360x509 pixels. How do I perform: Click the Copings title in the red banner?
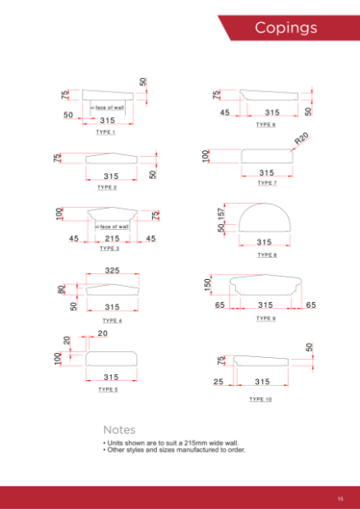coord(286,28)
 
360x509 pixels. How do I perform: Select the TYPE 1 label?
coord(106,133)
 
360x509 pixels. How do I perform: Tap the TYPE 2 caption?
coord(106,187)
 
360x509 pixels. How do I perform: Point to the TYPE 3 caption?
coord(109,249)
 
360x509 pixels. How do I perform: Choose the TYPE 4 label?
coord(111,321)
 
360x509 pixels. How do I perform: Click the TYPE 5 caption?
coord(108,389)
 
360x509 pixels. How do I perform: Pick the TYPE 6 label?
coord(266,125)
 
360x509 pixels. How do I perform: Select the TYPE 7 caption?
coord(266,183)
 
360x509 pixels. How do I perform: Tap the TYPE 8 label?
coord(266,255)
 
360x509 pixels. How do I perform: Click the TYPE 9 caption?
coord(266,318)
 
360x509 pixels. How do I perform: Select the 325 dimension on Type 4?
coord(110,271)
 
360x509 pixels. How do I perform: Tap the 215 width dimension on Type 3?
coord(111,239)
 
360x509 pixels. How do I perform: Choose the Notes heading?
coord(119,430)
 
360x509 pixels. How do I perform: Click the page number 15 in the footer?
coord(339,498)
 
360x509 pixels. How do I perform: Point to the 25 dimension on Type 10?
coord(218,383)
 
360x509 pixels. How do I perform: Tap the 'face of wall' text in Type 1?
coord(110,107)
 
